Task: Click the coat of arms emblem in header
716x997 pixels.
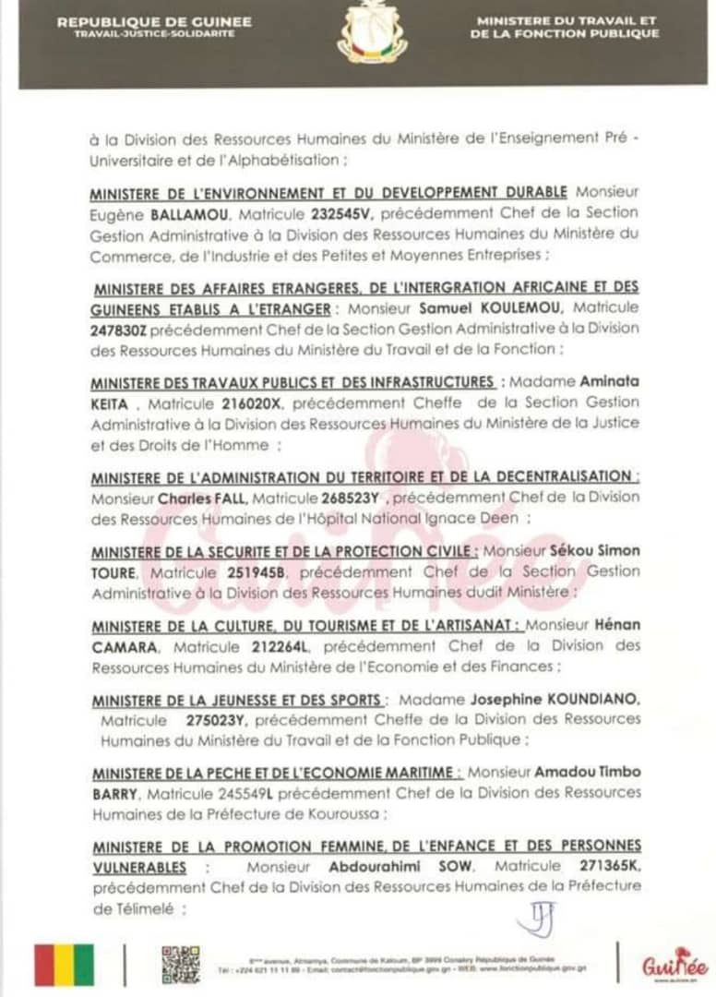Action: (x=371, y=32)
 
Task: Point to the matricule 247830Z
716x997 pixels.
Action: (x=119, y=330)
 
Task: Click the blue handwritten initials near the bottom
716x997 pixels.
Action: (x=535, y=918)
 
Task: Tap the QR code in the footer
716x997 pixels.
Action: (x=180, y=965)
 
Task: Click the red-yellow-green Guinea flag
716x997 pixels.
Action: (x=64, y=965)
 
